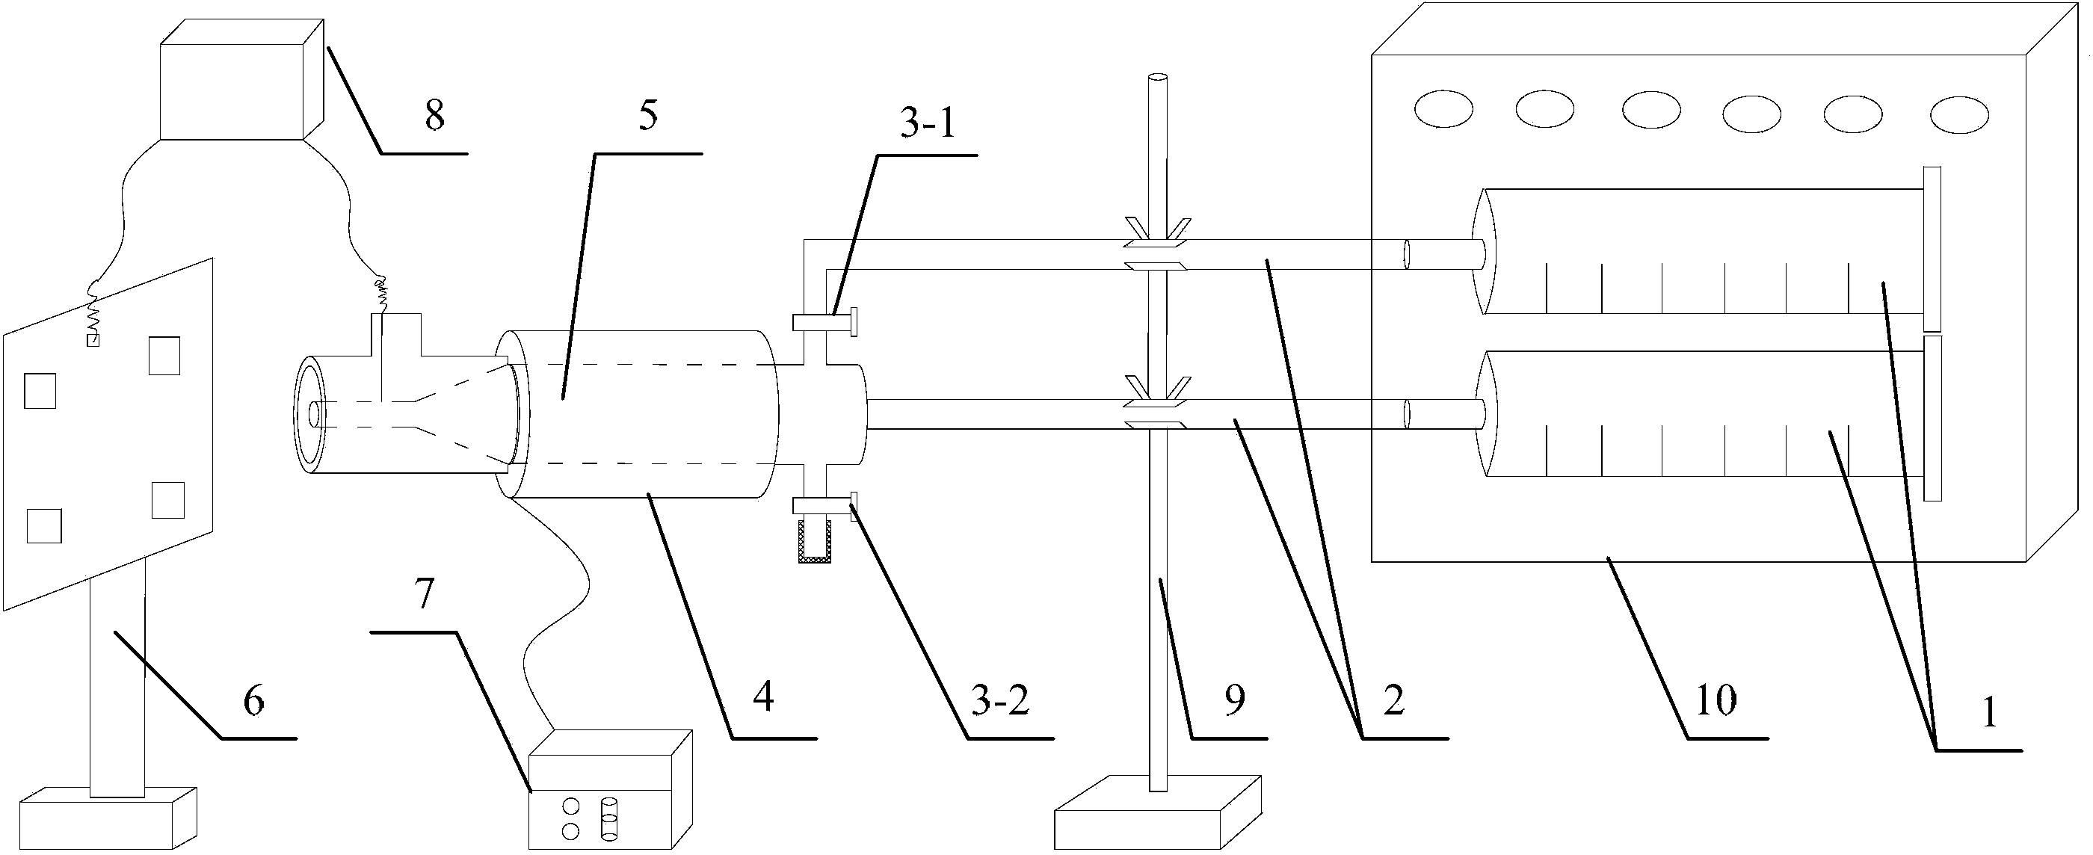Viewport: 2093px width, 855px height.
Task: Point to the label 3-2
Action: [x=999, y=700]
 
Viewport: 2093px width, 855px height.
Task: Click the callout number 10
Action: [x=1716, y=700]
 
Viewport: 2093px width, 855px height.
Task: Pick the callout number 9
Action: [x=1234, y=700]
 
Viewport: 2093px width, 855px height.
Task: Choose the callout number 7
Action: [x=424, y=594]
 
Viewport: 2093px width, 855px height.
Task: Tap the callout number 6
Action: [x=253, y=700]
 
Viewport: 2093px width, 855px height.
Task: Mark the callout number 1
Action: [x=1988, y=713]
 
